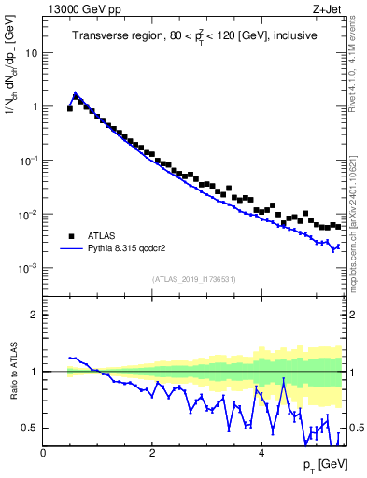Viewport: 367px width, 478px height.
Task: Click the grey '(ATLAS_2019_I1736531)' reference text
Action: click(194, 279)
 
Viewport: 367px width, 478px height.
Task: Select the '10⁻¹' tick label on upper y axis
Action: click(30, 160)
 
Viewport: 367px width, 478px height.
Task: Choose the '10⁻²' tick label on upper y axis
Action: click(30, 214)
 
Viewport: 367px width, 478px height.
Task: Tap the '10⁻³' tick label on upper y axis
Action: click(30, 268)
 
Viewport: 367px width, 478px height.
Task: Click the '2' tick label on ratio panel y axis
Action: click(35, 315)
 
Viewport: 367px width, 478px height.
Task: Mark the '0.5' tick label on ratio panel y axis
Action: click(31, 428)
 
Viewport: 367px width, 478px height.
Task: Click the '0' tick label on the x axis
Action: click(43, 454)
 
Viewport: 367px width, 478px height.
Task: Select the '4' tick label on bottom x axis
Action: click(261, 454)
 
